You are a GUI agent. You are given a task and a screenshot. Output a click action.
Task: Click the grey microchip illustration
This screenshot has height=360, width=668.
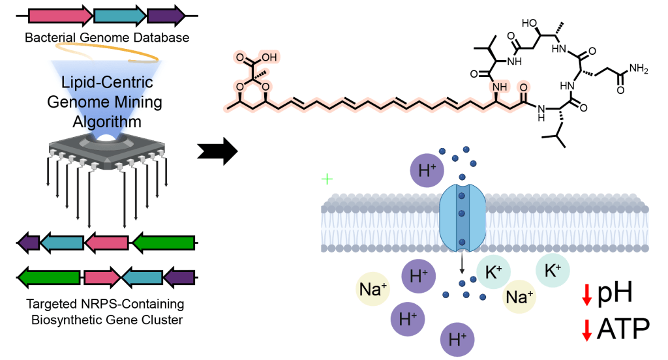pos(108,154)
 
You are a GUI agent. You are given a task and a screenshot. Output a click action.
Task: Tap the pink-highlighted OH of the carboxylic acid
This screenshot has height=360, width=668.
pos(269,58)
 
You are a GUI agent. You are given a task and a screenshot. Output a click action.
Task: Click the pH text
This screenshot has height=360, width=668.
pos(615,294)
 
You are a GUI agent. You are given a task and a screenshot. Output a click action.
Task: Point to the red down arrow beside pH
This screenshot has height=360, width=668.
pos(586,295)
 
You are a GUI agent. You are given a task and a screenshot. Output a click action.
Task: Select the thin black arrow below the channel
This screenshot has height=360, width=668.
pos(462,264)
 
